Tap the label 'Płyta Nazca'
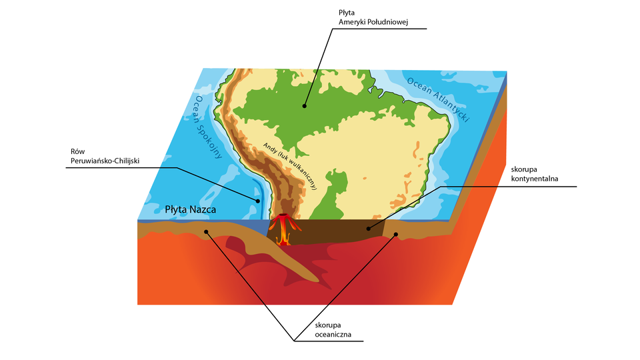click(x=191, y=210)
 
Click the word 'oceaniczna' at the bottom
click(x=333, y=335)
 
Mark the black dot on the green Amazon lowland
click(x=304, y=105)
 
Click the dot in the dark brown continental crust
click(x=367, y=229)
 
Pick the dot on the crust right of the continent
click(x=395, y=234)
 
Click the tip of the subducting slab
click(x=326, y=285)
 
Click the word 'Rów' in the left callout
click(x=76, y=151)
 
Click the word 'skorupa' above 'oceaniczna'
click(x=327, y=325)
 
